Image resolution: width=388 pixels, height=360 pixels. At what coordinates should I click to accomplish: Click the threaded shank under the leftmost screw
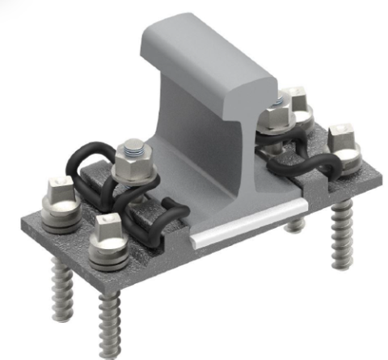click(64, 279)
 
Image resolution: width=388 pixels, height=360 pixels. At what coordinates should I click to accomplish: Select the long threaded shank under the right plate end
click(339, 235)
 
